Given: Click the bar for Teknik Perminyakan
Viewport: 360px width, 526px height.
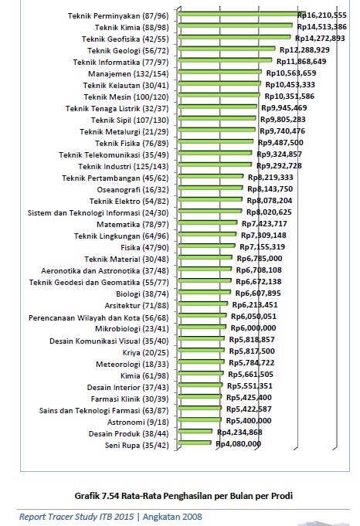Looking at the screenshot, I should click(x=239, y=14).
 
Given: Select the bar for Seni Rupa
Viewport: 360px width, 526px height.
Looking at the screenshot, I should click(x=197, y=444).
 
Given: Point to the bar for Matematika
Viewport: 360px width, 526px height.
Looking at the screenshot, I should click(x=209, y=223).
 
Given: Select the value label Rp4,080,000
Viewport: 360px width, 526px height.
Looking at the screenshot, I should click(x=238, y=444).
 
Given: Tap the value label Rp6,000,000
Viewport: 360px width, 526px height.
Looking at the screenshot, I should click(x=252, y=327).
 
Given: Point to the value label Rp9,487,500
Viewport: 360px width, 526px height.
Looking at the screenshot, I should click(x=280, y=142).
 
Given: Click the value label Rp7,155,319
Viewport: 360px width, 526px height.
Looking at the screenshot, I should click(x=261, y=246).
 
